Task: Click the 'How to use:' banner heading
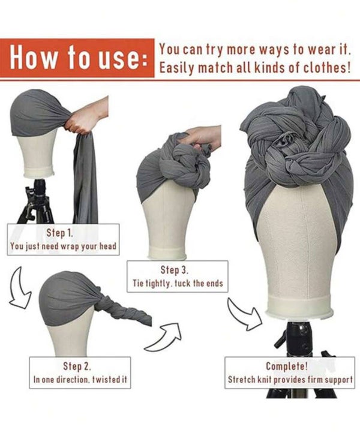click(x=79, y=58)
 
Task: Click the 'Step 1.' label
click(x=59, y=233)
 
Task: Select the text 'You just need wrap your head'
click(x=63, y=246)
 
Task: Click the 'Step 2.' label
click(x=77, y=366)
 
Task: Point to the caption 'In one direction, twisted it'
click(x=80, y=379)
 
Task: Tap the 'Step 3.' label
click(x=175, y=270)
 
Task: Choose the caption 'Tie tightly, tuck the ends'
click(x=178, y=283)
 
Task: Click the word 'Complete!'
click(x=287, y=366)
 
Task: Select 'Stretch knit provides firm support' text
click(x=290, y=380)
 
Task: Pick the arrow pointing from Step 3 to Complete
click(x=245, y=315)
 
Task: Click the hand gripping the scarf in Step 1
click(x=86, y=116)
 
